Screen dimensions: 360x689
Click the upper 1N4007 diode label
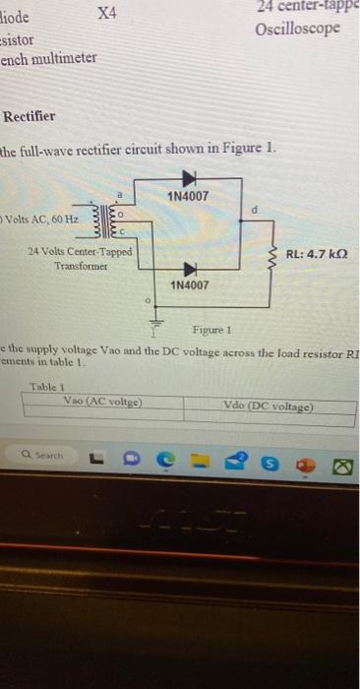pos(187,197)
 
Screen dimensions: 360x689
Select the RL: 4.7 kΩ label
pos(319,253)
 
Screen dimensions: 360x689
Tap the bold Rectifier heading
pos(30,116)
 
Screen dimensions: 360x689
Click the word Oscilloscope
pos(298,28)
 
